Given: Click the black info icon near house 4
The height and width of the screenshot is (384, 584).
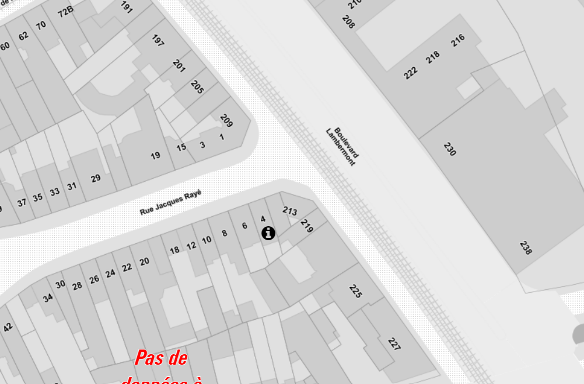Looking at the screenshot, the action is tap(268, 233).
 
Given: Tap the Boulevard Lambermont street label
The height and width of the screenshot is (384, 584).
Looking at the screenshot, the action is tap(341, 146).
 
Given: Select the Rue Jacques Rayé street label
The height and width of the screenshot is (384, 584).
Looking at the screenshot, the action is tap(170, 203).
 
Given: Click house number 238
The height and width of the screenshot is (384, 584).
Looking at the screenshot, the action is tap(526, 247).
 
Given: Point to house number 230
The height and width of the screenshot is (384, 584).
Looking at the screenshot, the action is tap(450, 149).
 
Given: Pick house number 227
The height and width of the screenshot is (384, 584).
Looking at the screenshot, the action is tap(394, 345).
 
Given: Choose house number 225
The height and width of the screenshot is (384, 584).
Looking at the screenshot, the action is tap(355, 290).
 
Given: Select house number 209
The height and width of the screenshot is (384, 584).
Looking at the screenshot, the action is tap(226, 120).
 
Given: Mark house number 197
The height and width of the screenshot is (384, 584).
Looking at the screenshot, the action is tap(158, 40).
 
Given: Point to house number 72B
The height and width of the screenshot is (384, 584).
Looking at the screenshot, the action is tap(65, 11).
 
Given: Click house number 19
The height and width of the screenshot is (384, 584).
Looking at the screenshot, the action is tap(155, 155).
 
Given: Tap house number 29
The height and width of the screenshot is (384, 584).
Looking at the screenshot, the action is tap(96, 178).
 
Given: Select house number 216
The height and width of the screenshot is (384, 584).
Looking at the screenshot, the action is tap(458, 40).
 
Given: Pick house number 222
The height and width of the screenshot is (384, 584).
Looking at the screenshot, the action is tap(411, 72).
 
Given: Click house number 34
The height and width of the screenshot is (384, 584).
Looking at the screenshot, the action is tap(48, 298).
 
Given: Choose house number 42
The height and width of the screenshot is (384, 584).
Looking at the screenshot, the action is tap(8, 327).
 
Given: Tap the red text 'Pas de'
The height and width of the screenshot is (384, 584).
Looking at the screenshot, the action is tap(161, 357).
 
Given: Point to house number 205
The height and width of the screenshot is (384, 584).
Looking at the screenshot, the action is tap(197, 88).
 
